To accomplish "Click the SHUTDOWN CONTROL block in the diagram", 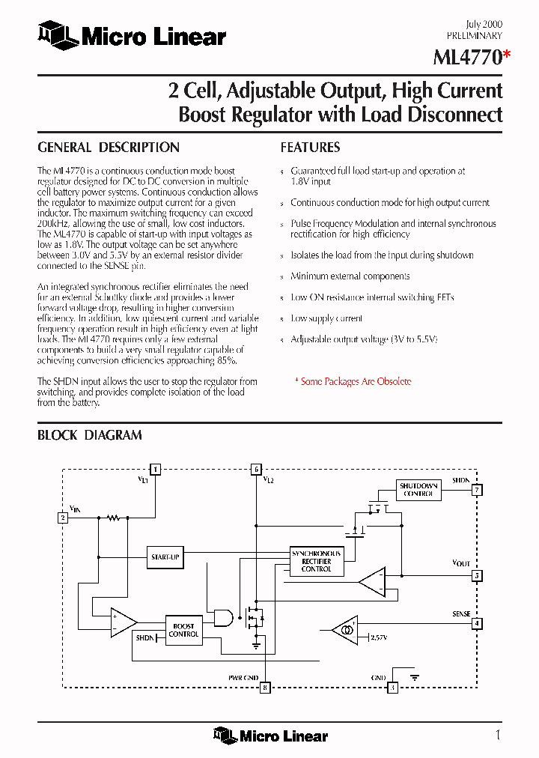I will tap(418, 490).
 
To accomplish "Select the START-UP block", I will tap(165, 557).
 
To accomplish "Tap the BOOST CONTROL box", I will tap(183, 630).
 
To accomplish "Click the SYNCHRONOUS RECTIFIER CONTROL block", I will tap(316, 561).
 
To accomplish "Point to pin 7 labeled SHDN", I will tap(477, 491).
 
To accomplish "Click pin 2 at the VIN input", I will tap(63, 517).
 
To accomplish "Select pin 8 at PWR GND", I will tap(264, 687).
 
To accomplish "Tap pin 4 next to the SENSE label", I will tap(477, 623).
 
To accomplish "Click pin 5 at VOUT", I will tap(477, 576).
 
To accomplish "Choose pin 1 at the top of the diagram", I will tap(155, 470).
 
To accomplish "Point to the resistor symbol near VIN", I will tap(113, 517).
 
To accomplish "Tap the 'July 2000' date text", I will tap(487, 24).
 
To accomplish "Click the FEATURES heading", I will tap(310, 148).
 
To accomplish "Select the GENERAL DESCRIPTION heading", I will tap(109, 148).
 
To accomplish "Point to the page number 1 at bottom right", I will tap(498, 734).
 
